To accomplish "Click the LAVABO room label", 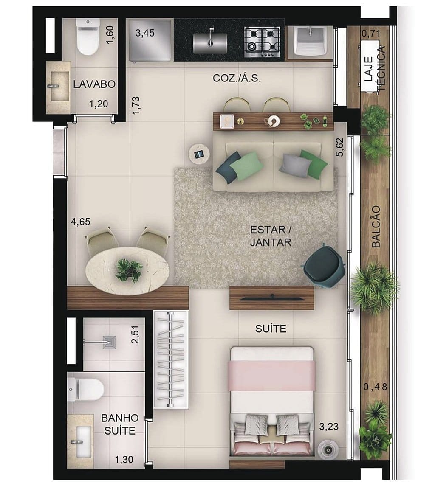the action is click(94, 84).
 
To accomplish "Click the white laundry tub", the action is click(310, 41).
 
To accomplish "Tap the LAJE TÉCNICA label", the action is click(374, 68).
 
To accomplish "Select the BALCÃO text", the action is click(376, 226).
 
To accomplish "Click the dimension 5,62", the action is click(340, 147).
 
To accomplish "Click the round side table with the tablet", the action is click(199, 154).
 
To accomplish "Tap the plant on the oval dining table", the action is click(128, 270).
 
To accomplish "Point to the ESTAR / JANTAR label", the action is click(271, 236).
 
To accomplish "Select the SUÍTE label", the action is click(271, 329).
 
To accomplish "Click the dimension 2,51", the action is click(136, 334).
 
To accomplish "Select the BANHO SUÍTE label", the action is click(120, 424).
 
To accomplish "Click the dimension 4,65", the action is click(81, 222).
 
